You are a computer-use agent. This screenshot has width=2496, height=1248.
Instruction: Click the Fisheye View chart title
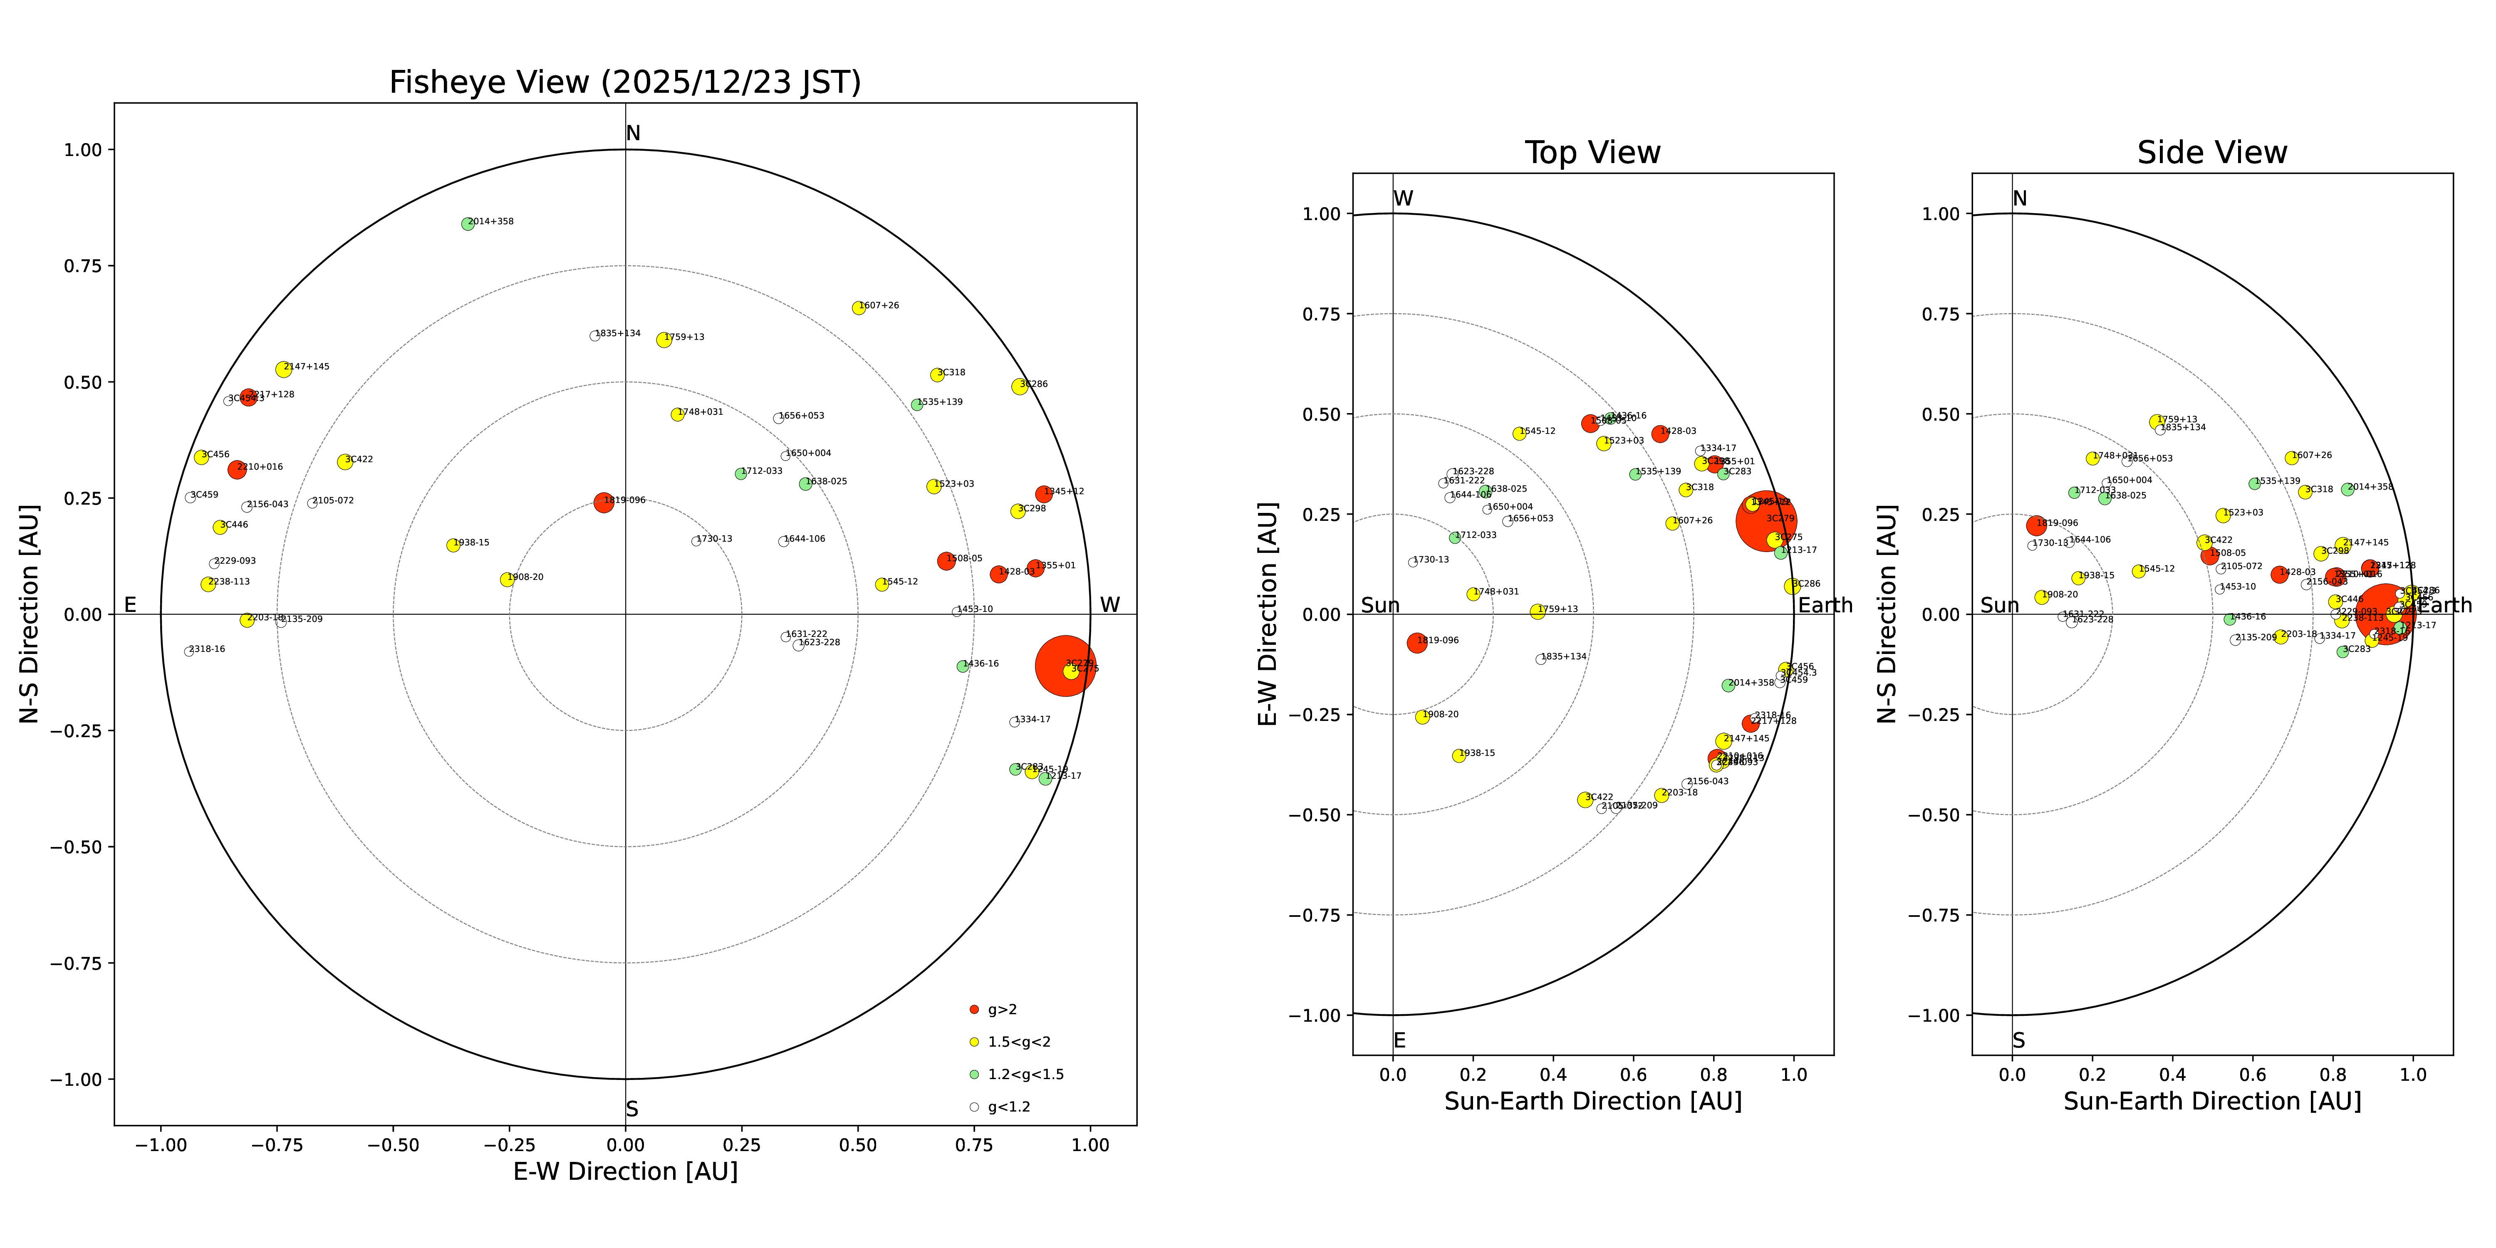point(625,82)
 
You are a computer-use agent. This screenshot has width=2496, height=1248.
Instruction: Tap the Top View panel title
point(1592,153)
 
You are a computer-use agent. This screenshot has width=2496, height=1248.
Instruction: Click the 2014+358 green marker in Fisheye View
point(468,224)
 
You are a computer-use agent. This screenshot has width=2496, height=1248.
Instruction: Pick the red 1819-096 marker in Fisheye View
point(604,503)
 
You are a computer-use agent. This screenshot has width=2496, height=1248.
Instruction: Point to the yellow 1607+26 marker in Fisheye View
point(859,308)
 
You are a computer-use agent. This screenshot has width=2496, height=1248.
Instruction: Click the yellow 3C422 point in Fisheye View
point(345,462)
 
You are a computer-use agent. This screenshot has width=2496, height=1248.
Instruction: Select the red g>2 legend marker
point(975,1010)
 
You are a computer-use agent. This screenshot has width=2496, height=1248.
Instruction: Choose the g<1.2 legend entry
point(1008,1107)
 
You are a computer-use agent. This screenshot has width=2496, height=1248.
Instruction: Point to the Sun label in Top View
point(1380,606)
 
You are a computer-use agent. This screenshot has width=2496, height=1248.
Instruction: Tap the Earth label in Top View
point(1825,606)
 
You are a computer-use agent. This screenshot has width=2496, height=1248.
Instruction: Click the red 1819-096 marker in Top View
point(1416,642)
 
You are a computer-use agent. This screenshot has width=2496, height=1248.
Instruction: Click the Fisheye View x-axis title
point(625,1171)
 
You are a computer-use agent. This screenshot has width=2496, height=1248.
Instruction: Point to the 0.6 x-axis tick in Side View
point(2253,1075)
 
